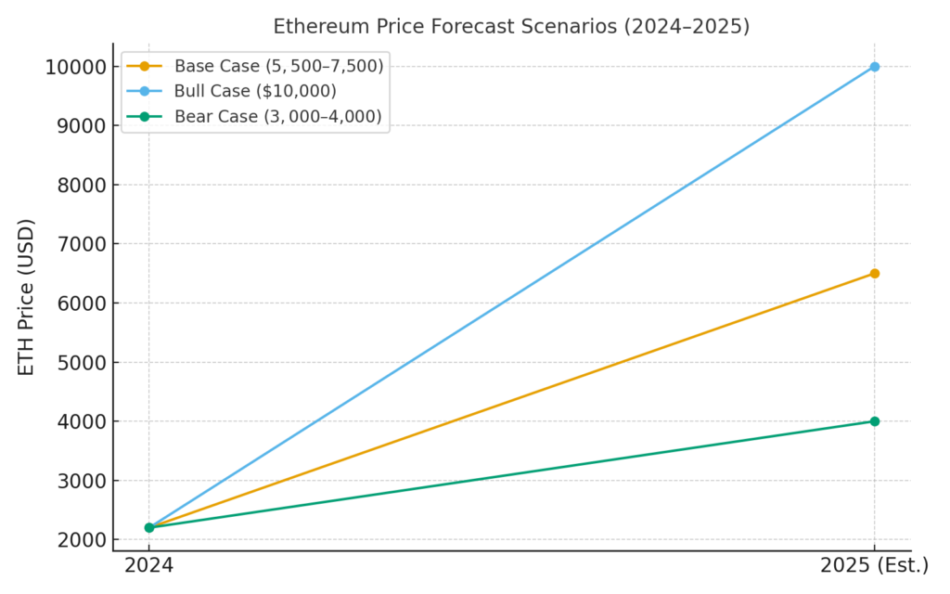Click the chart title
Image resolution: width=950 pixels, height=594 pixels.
[x=511, y=26]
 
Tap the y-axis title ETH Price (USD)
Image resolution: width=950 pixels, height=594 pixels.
[x=26, y=297]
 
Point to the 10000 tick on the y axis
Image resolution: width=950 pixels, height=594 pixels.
[x=73, y=67]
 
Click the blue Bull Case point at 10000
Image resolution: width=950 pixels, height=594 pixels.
[x=874, y=67]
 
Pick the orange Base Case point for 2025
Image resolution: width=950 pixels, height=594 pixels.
[x=874, y=274]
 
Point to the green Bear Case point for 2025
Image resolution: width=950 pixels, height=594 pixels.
[x=874, y=421]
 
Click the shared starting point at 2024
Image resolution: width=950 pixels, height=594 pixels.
[x=148, y=527]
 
